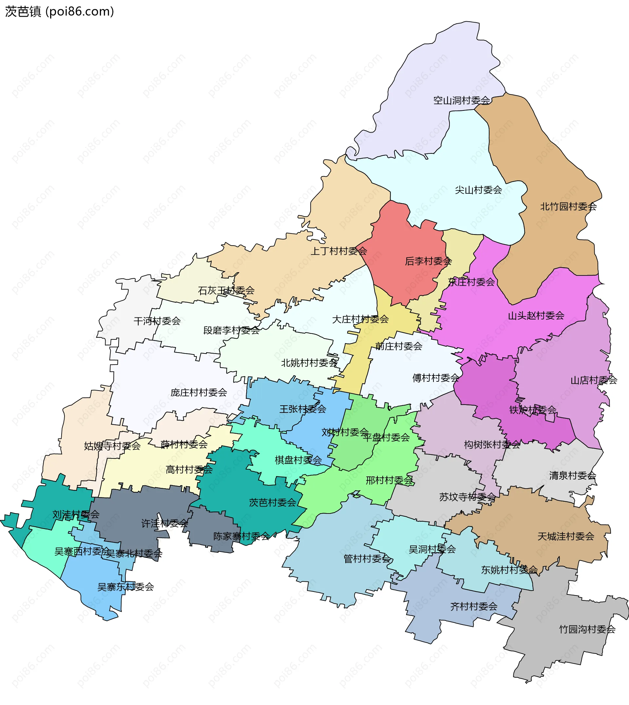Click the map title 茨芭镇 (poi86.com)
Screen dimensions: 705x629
[59, 12]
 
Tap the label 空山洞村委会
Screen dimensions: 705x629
[462, 101]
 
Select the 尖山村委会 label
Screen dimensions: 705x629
[478, 190]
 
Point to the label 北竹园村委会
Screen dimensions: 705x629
[568, 207]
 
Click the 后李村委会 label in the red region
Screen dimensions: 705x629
[428, 261]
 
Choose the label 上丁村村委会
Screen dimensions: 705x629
[339, 251]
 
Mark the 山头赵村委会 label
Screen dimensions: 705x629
[536, 315]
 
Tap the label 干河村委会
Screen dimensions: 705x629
[157, 321]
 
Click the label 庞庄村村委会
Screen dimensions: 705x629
[199, 393]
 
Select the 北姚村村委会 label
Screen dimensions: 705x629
[309, 363]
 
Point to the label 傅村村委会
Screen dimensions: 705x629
[436, 378]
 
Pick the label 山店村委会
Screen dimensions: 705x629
[594, 380]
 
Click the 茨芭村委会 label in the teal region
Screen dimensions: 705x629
[273, 503]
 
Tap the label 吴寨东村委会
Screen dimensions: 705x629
[125, 587]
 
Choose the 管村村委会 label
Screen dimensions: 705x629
[367, 559]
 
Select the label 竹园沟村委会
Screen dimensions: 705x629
[587, 629]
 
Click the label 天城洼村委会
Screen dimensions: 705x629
[566, 536]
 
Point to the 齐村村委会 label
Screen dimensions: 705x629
[474, 606]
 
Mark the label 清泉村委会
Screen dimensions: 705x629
[573, 476]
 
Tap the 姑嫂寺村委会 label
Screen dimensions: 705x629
[112, 446]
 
